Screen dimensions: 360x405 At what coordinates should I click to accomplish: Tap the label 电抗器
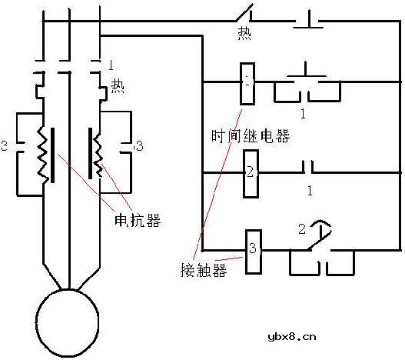click(138, 220)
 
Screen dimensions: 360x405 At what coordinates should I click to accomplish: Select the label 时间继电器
click(250, 136)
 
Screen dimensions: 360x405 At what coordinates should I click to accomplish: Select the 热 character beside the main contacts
click(118, 85)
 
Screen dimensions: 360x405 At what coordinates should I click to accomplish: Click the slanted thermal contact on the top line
click(245, 13)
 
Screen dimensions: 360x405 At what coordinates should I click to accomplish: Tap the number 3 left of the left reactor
click(5, 144)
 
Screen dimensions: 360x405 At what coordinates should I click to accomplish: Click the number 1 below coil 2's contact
click(309, 189)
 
